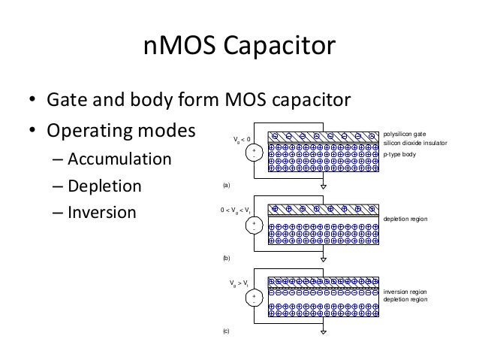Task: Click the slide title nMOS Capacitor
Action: click(239, 50)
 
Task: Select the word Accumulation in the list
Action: click(119, 161)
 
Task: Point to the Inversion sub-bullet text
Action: click(102, 212)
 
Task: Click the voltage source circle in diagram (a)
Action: click(255, 153)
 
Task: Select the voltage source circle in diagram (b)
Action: click(255, 225)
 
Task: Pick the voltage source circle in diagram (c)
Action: click(255, 298)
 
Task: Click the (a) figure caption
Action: click(227, 184)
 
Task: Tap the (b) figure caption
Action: click(227, 257)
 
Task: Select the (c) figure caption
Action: click(227, 330)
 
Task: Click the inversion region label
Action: click(405, 291)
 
